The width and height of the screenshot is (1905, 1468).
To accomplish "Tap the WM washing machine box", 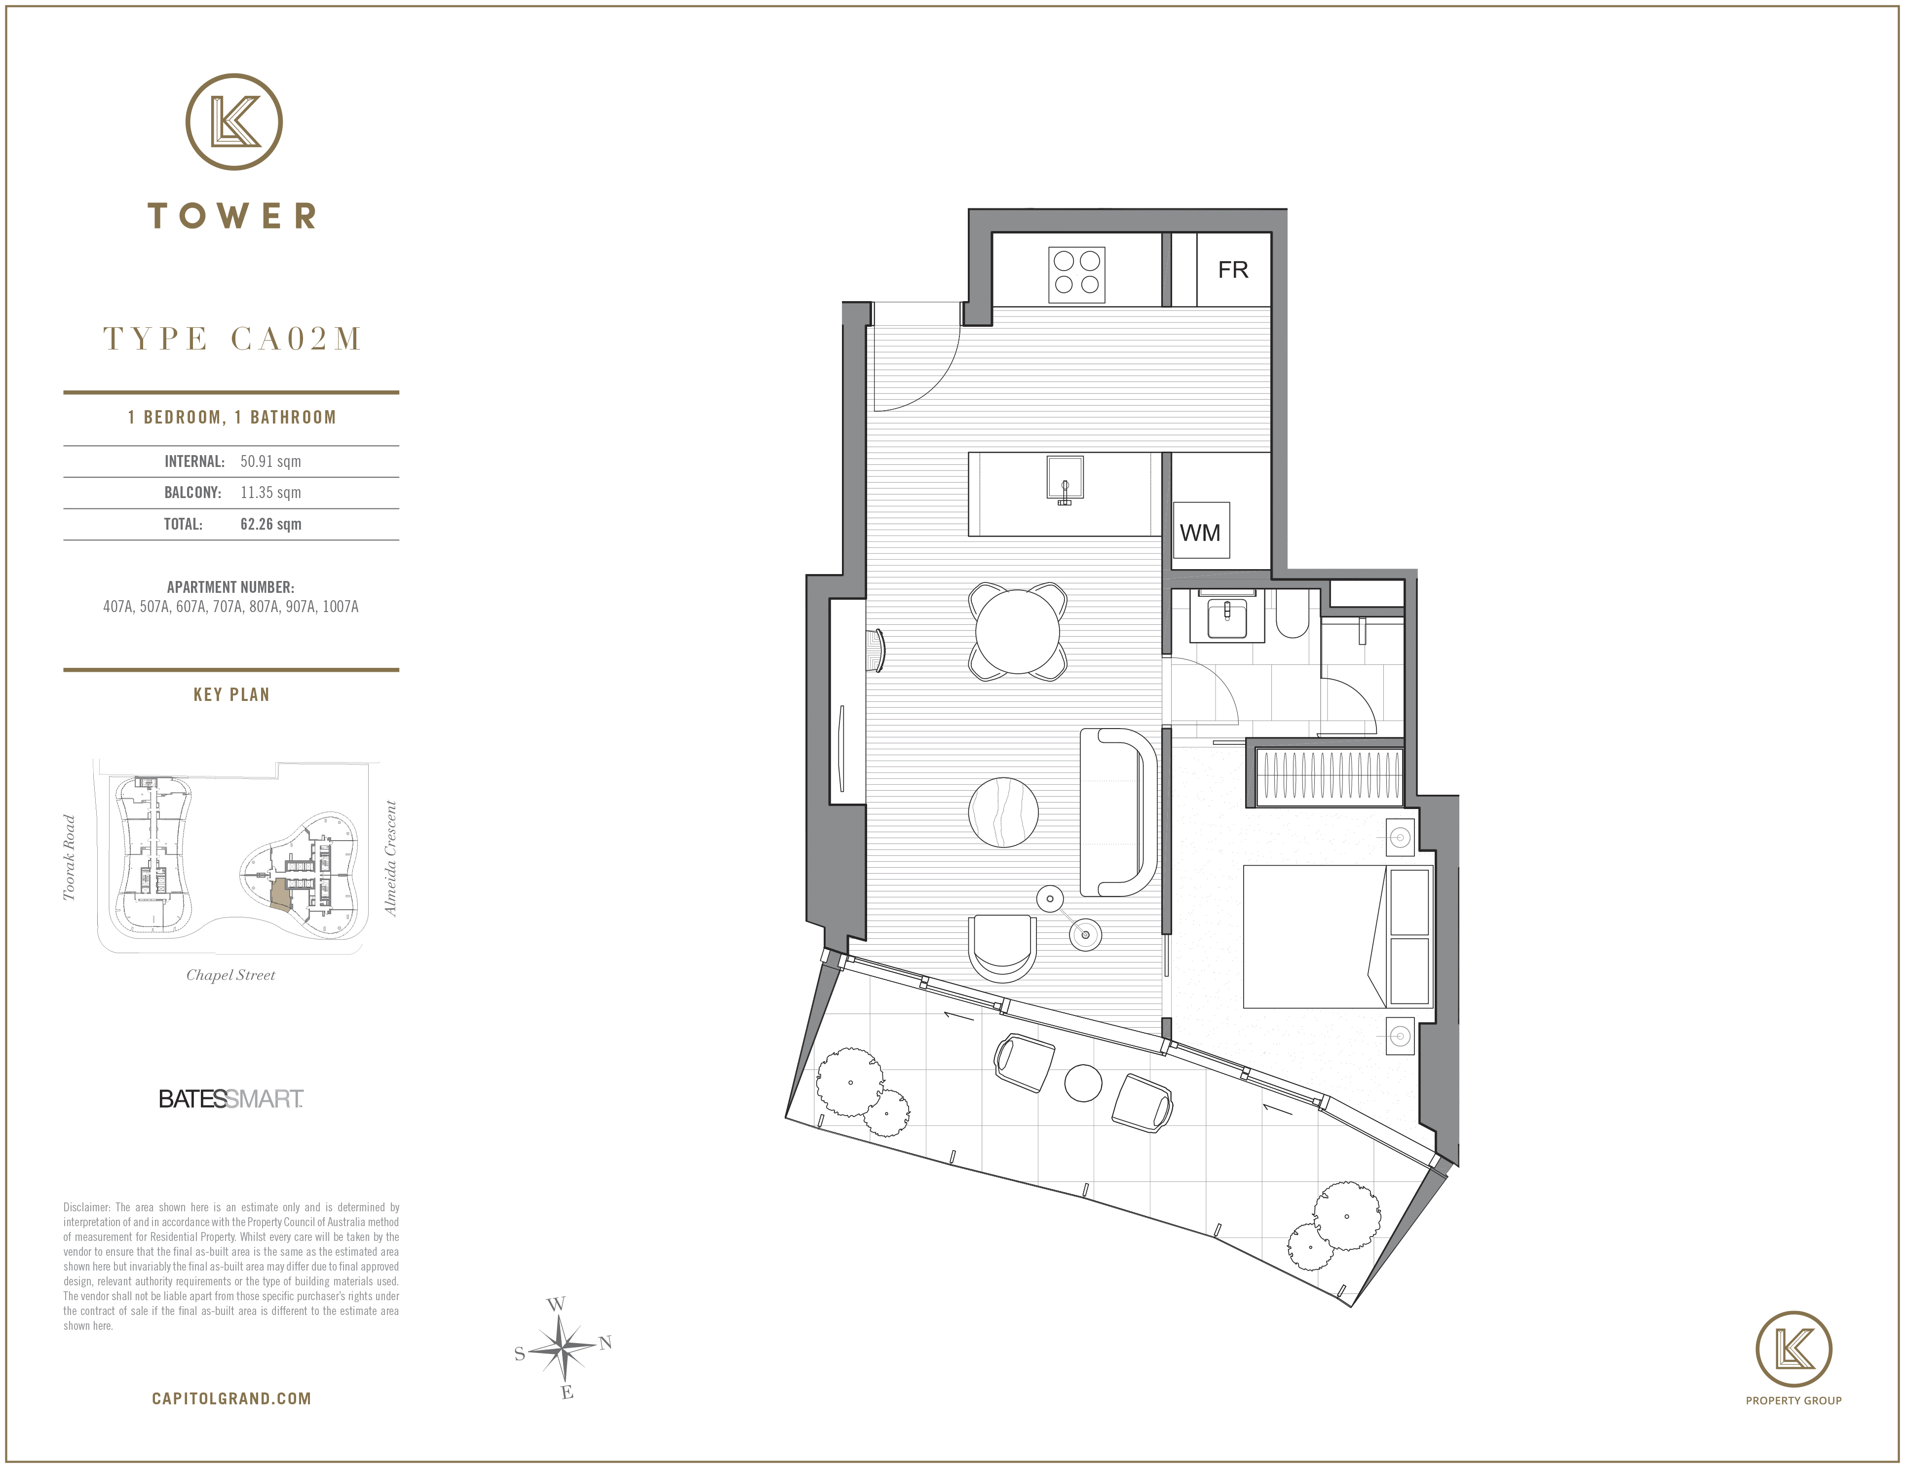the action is click(1201, 530).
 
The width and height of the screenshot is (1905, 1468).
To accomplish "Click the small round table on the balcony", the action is click(1084, 1083).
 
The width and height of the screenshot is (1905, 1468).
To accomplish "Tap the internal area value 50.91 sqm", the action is click(270, 462).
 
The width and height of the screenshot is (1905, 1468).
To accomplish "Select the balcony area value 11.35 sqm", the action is click(270, 493).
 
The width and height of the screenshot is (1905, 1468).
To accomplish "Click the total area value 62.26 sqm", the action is click(270, 524).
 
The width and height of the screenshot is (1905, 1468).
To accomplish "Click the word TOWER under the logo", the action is click(232, 216).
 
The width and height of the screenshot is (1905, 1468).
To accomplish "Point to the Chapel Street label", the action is click(230, 975).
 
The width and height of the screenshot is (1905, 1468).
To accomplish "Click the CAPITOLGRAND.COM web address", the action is click(231, 1398).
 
